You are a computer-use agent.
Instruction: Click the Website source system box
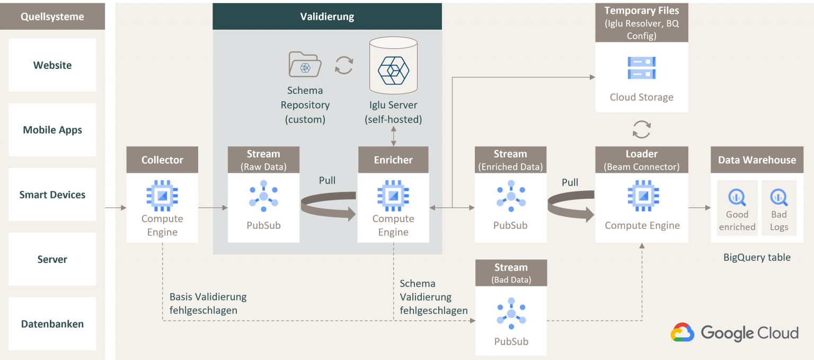52,65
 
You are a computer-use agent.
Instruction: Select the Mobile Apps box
52,130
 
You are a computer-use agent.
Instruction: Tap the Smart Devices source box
52,195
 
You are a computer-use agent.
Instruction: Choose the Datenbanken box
52,324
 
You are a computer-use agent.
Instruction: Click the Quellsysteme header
52,16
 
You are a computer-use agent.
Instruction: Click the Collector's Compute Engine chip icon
162,196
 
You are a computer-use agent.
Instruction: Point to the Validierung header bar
327,16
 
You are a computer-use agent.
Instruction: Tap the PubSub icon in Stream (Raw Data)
263,196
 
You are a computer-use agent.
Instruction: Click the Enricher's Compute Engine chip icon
393,196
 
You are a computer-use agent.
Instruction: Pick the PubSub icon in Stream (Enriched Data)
511,196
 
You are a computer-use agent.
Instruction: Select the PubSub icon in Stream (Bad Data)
511,314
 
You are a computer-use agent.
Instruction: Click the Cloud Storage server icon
642,68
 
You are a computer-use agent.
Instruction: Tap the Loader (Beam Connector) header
642,160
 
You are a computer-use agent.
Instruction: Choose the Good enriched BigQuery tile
737,207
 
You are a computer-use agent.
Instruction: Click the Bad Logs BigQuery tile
779,207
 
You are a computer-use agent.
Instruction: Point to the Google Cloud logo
735,332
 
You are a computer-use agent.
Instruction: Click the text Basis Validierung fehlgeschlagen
208,303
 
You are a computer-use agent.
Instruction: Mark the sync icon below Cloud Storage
642,129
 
